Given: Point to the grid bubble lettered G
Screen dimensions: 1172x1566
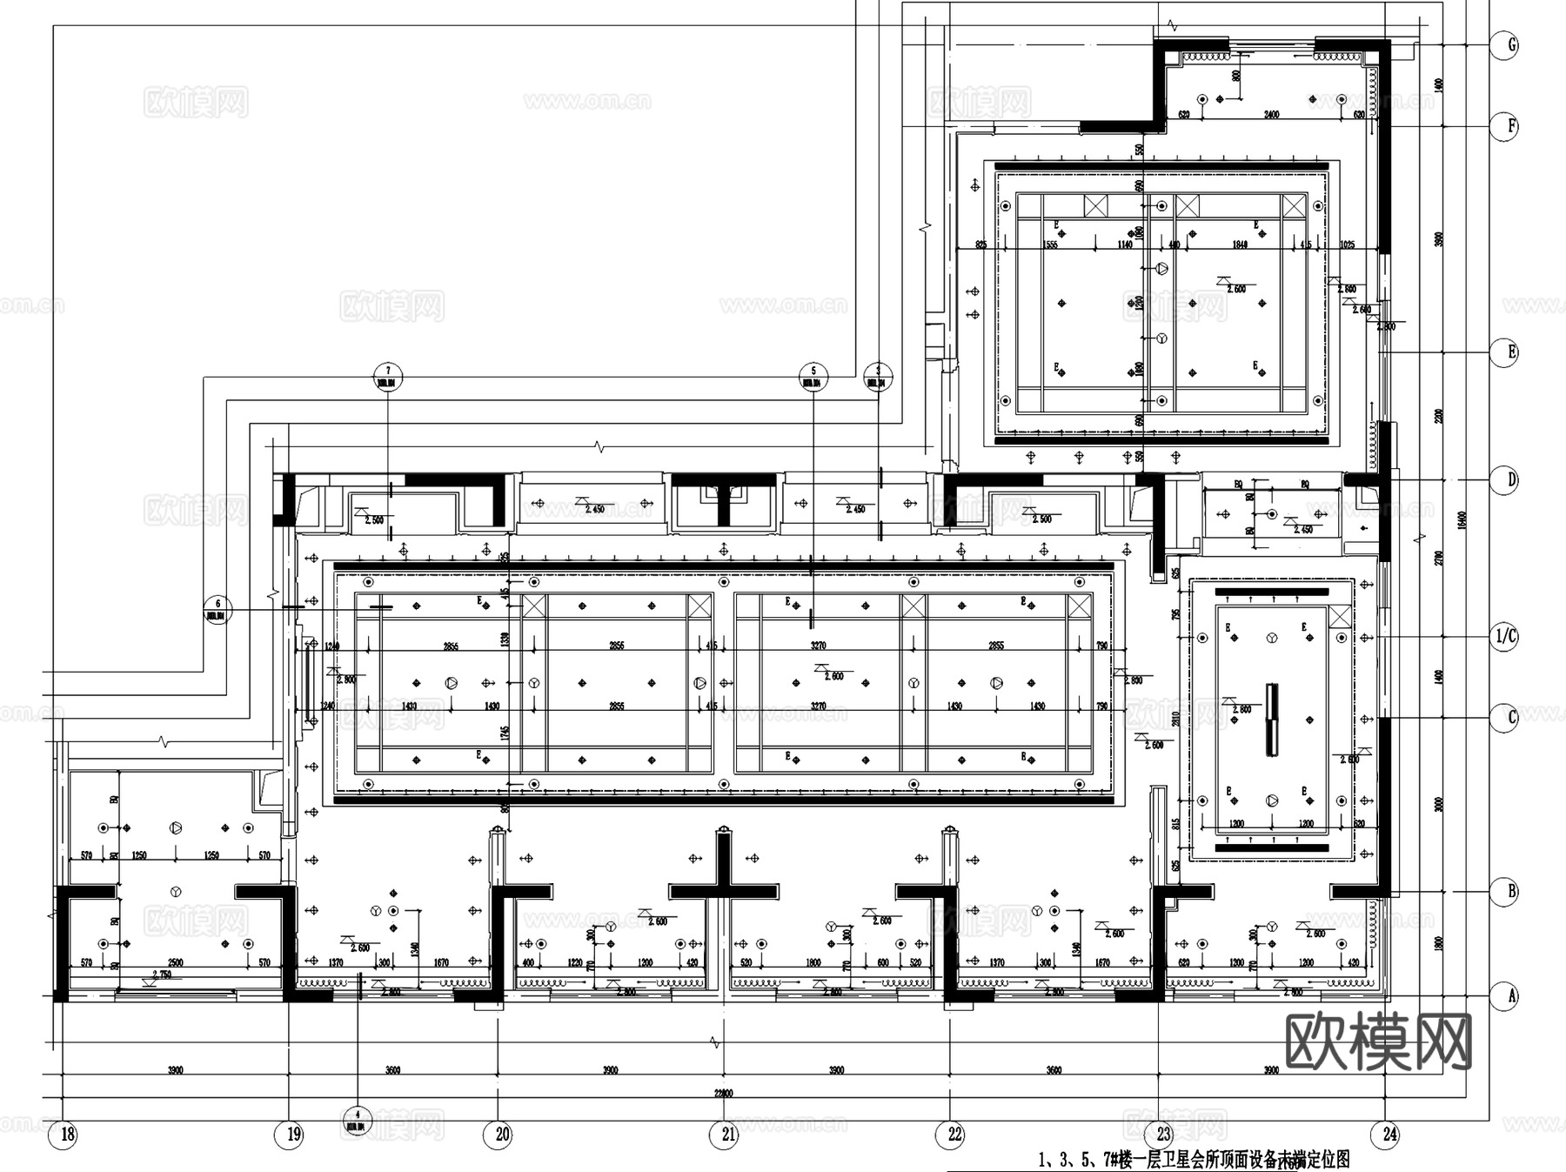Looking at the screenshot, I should (1504, 45).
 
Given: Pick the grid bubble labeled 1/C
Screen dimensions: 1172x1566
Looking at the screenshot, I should (1504, 637).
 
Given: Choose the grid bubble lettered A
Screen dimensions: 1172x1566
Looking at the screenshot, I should (1504, 995).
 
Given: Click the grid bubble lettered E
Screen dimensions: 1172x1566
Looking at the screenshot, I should (1504, 352).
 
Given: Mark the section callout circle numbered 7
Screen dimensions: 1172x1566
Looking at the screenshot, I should (388, 377).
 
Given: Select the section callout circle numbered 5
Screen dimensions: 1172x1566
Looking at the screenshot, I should (813, 377).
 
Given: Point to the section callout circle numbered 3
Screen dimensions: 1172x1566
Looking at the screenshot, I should (878, 377).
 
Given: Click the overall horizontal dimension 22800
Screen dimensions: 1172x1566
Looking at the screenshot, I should (723, 1094).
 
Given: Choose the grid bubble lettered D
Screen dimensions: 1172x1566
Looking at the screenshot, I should (1504, 479).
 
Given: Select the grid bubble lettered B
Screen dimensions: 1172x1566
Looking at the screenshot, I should (1504, 892).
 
